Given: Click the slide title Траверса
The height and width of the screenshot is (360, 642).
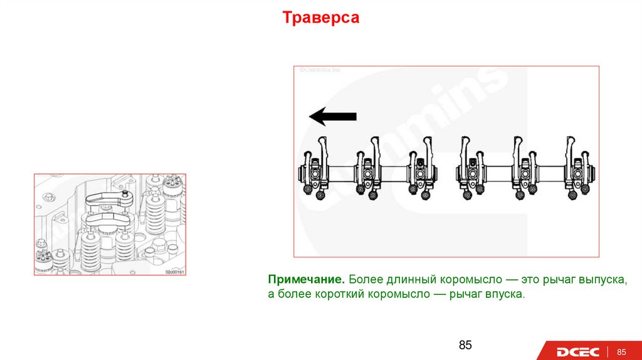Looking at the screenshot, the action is tap(320, 18).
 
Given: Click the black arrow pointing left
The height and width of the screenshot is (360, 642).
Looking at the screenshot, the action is tap(333, 116).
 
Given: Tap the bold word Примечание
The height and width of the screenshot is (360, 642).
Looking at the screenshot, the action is tap(305, 278).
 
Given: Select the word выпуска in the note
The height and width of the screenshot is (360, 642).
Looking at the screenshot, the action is tap(601, 278).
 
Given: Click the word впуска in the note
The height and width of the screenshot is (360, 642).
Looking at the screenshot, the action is tap(503, 294).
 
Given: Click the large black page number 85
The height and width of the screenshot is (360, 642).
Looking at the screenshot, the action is tap(465, 345).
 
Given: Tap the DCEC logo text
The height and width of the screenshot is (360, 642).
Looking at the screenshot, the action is tap(577, 352).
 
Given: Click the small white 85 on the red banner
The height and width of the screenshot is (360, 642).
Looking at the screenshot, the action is tap(623, 351).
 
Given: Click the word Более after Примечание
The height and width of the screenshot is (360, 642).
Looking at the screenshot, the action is tap(365, 278).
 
